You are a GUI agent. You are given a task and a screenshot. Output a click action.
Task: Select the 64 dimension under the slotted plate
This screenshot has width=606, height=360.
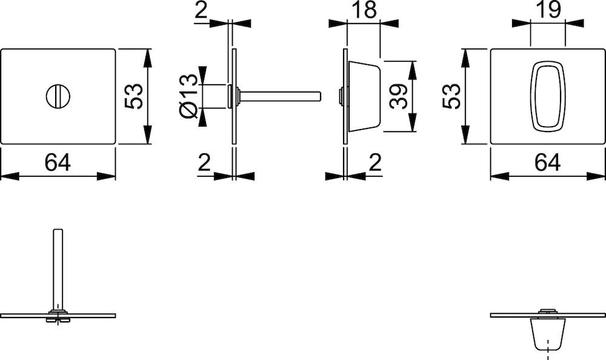click(x=58, y=162)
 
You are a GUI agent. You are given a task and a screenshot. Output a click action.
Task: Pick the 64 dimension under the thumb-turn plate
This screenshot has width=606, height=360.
click(x=547, y=162)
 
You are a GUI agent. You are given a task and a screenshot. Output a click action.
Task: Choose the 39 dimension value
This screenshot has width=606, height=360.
click(x=399, y=96)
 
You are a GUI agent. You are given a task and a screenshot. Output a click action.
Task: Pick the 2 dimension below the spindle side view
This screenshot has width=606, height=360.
click(x=204, y=162)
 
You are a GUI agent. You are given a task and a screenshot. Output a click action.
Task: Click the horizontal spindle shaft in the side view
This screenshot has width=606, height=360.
click(x=279, y=95)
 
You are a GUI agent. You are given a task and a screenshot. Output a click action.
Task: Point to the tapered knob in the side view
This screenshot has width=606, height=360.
click(x=364, y=95)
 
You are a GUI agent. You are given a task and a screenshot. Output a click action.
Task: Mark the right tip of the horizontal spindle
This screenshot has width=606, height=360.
click(x=318, y=95)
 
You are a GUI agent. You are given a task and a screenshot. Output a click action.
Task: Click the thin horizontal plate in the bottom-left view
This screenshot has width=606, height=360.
click(x=91, y=315)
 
